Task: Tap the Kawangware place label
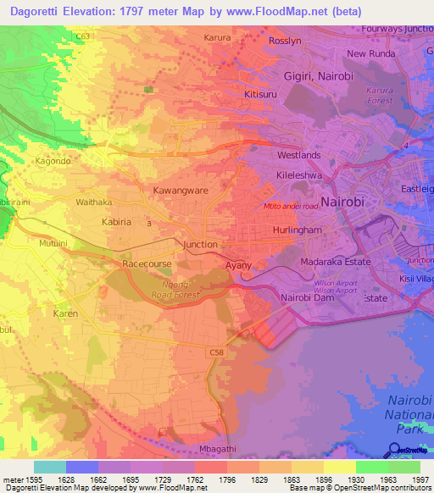pyautogui.click(x=180, y=191)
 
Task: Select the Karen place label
pyautogui.click(x=66, y=313)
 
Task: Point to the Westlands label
pyautogui.click(x=299, y=156)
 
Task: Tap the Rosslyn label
pyautogui.click(x=284, y=41)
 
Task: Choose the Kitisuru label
pyautogui.click(x=262, y=94)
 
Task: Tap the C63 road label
pyautogui.click(x=82, y=37)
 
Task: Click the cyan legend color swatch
pyautogui.click(x=49, y=467)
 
